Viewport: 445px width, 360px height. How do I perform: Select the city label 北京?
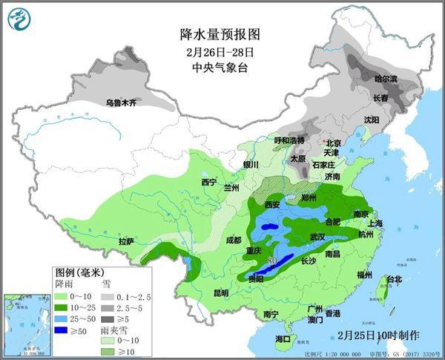333,143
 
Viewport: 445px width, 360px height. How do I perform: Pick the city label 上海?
375,223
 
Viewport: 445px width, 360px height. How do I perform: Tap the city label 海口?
283,338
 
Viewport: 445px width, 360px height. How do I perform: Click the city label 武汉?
318,236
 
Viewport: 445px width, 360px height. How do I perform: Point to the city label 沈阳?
371,119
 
